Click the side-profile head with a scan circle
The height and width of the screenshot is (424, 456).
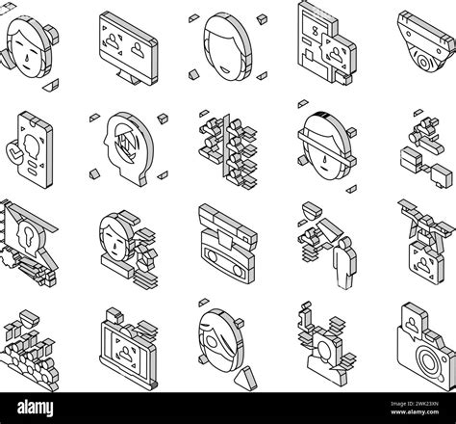tap(124, 148)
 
